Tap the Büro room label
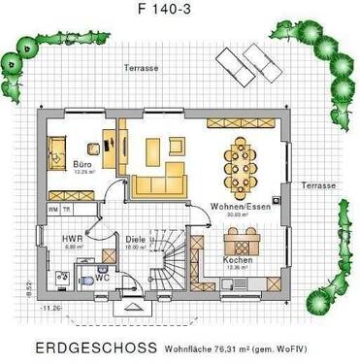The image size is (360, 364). tap(82, 166)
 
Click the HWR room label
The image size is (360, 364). tap(71, 238)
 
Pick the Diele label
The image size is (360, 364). tap(136, 238)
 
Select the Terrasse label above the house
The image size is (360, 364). tap(141, 68)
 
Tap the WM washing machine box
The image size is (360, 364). tap(52, 209)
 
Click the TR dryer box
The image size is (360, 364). tap(66, 209)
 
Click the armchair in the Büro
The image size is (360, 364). tap(57, 150)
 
